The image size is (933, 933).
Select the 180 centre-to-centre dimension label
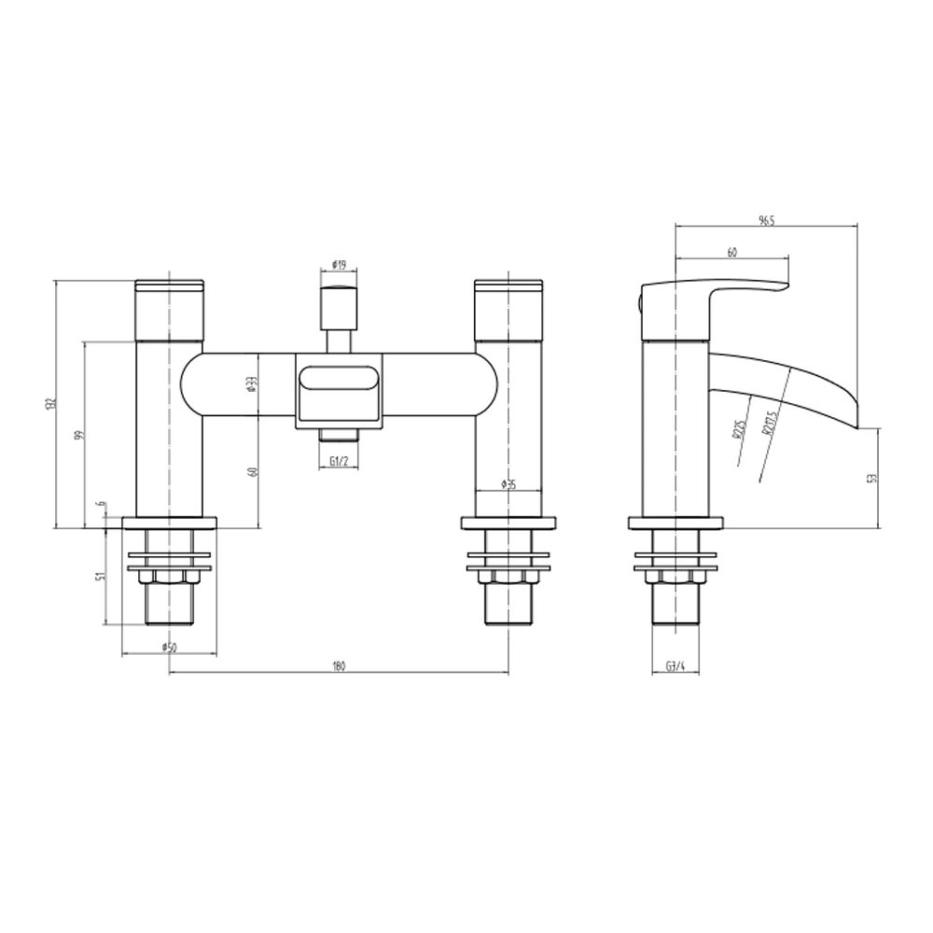pos(339,665)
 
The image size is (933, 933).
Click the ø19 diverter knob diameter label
pos(339,266)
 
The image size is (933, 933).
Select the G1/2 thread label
pos(339,461)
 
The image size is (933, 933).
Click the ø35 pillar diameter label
pos(508,483)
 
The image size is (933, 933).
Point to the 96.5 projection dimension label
pos(766,220)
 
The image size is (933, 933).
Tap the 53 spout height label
pos(871,478)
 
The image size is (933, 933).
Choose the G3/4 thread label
pos(675,666)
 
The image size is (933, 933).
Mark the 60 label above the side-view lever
pos(732,253)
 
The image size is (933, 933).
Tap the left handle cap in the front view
pos(170,309)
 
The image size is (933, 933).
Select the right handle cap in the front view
pos(508,309)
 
